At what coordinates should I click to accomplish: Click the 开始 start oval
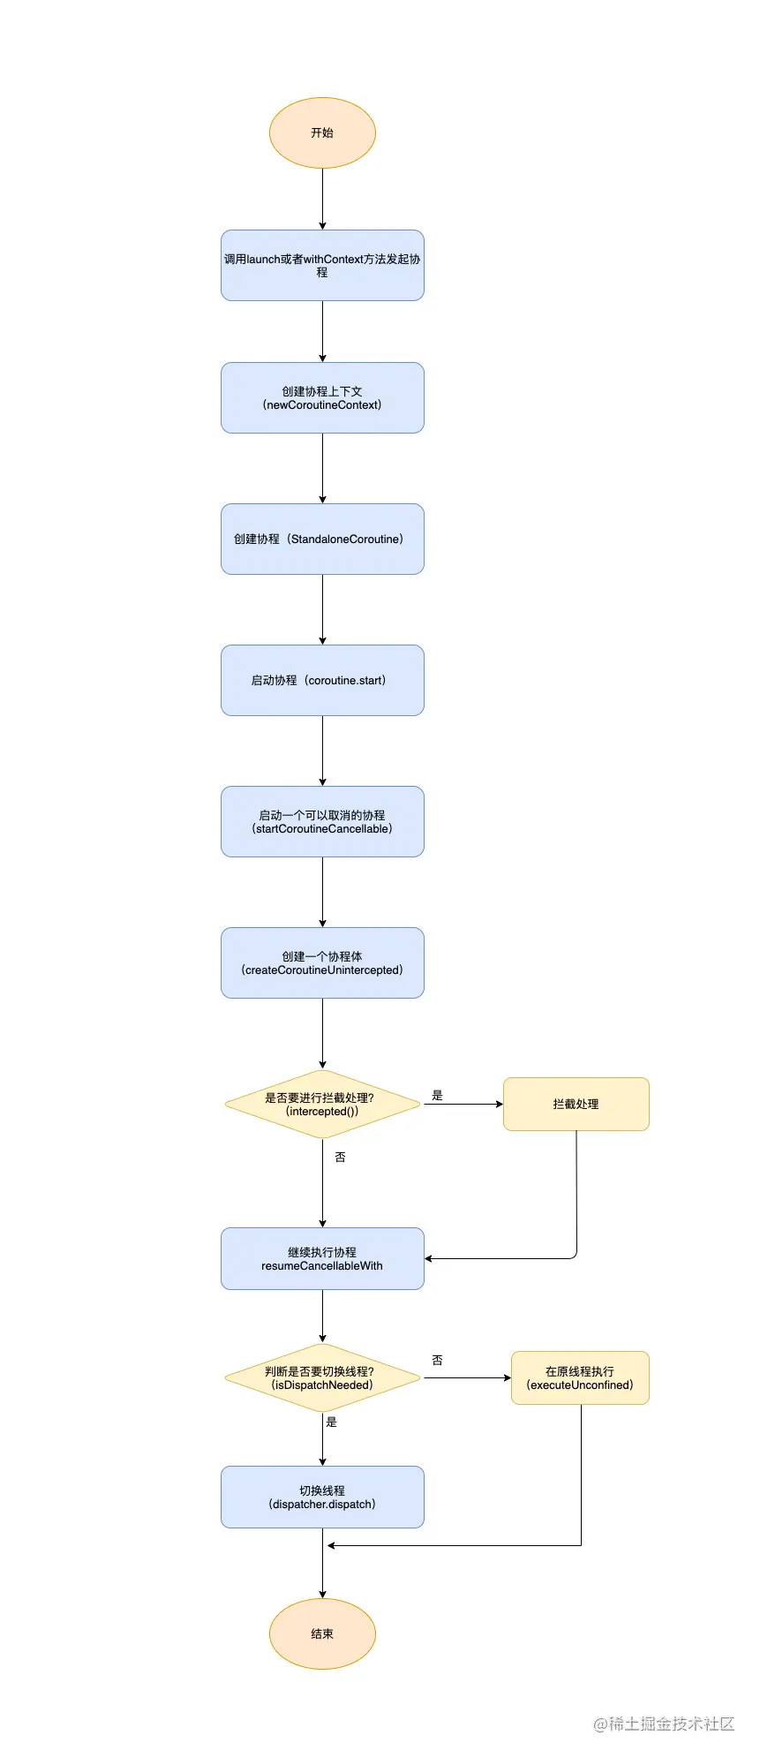click(322, 132)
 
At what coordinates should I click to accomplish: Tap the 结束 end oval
click(322, 1634)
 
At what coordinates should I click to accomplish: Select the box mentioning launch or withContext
click(322, 265)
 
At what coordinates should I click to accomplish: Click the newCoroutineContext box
click(322, 397)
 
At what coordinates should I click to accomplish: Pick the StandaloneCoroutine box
click(322, 539)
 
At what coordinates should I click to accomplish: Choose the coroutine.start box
click(322, 680)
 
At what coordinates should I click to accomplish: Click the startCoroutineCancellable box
click(322, 821)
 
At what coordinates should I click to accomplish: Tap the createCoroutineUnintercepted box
click(322, 962)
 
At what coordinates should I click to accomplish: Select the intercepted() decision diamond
click(322, 1104)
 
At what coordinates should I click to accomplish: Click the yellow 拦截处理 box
click(576, 1104)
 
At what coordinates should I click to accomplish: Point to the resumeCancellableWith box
click(322, 1258)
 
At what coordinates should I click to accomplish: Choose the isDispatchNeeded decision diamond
click(322, 1377)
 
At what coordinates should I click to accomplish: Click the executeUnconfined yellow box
click(580, 1377)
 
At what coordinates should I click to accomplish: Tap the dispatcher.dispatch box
click(322, 1497)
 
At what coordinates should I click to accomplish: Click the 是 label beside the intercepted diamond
click(437, 1095)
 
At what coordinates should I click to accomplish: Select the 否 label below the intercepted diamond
click(340, 1157)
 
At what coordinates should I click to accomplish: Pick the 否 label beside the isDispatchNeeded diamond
click(437, 1360)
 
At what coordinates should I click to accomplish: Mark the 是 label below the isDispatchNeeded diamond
click(332, 1422)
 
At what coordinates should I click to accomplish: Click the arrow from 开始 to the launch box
click(322, 199)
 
